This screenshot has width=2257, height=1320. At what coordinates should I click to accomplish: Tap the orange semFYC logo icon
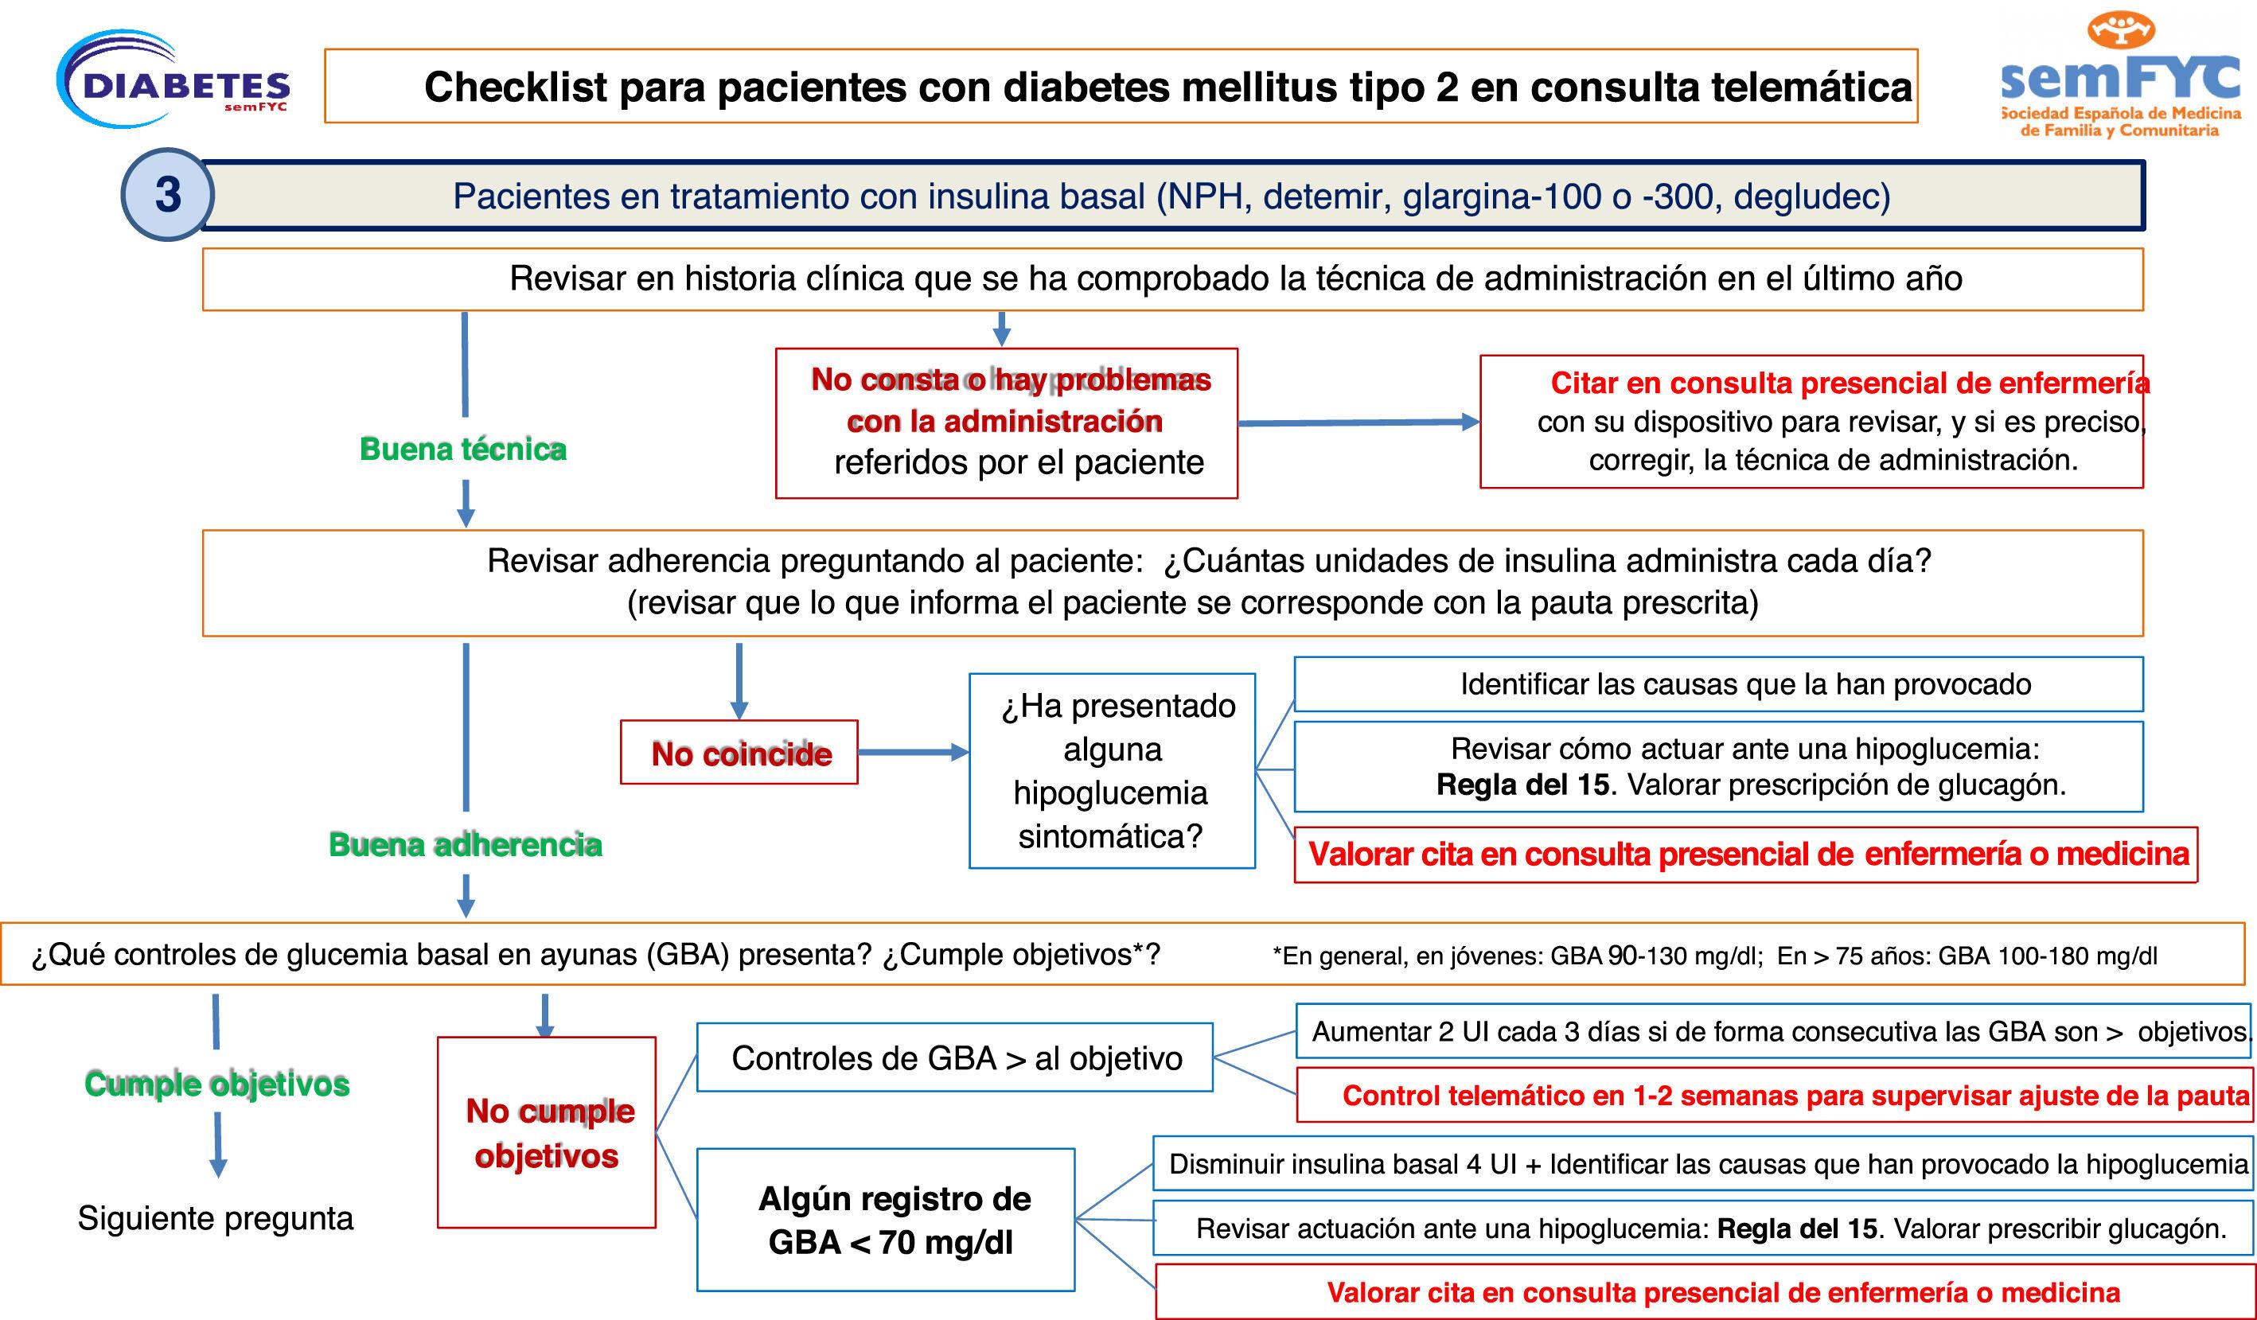[x=2121, y=29]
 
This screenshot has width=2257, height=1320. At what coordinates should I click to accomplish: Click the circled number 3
[x=167, y=194]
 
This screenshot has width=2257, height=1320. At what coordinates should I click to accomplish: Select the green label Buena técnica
[x=462, y=449]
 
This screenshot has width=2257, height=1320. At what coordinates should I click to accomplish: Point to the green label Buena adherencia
[x=465, y=844]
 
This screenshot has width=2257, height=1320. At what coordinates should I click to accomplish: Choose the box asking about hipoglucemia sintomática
[x=1112, y=771]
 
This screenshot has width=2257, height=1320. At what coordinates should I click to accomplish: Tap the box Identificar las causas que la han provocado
[x=1718, y=684]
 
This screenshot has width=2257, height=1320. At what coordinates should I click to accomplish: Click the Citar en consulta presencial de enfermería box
[x=1811, y=422]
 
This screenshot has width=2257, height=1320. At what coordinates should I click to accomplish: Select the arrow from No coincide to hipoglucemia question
[x=913, y=752]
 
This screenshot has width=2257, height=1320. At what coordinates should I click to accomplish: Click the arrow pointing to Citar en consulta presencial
[x=1358, y=422]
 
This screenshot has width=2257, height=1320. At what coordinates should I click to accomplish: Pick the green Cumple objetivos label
[x=216, y=1084]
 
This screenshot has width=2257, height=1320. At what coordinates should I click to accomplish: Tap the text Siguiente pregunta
[x=215, y=1218]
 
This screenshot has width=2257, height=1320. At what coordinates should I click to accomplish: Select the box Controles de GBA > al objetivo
[x=955, y=1057]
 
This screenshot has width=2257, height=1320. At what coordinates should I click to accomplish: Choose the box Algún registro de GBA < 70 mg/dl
[x=886, y=1220]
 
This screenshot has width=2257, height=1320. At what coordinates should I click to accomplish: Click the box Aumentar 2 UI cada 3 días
[x=1773, y=1032]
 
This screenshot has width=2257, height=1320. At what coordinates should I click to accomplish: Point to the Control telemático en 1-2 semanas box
[x=1773, y=1095]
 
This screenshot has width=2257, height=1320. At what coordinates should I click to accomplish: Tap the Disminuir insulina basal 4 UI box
[x=1702, y=1163]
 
